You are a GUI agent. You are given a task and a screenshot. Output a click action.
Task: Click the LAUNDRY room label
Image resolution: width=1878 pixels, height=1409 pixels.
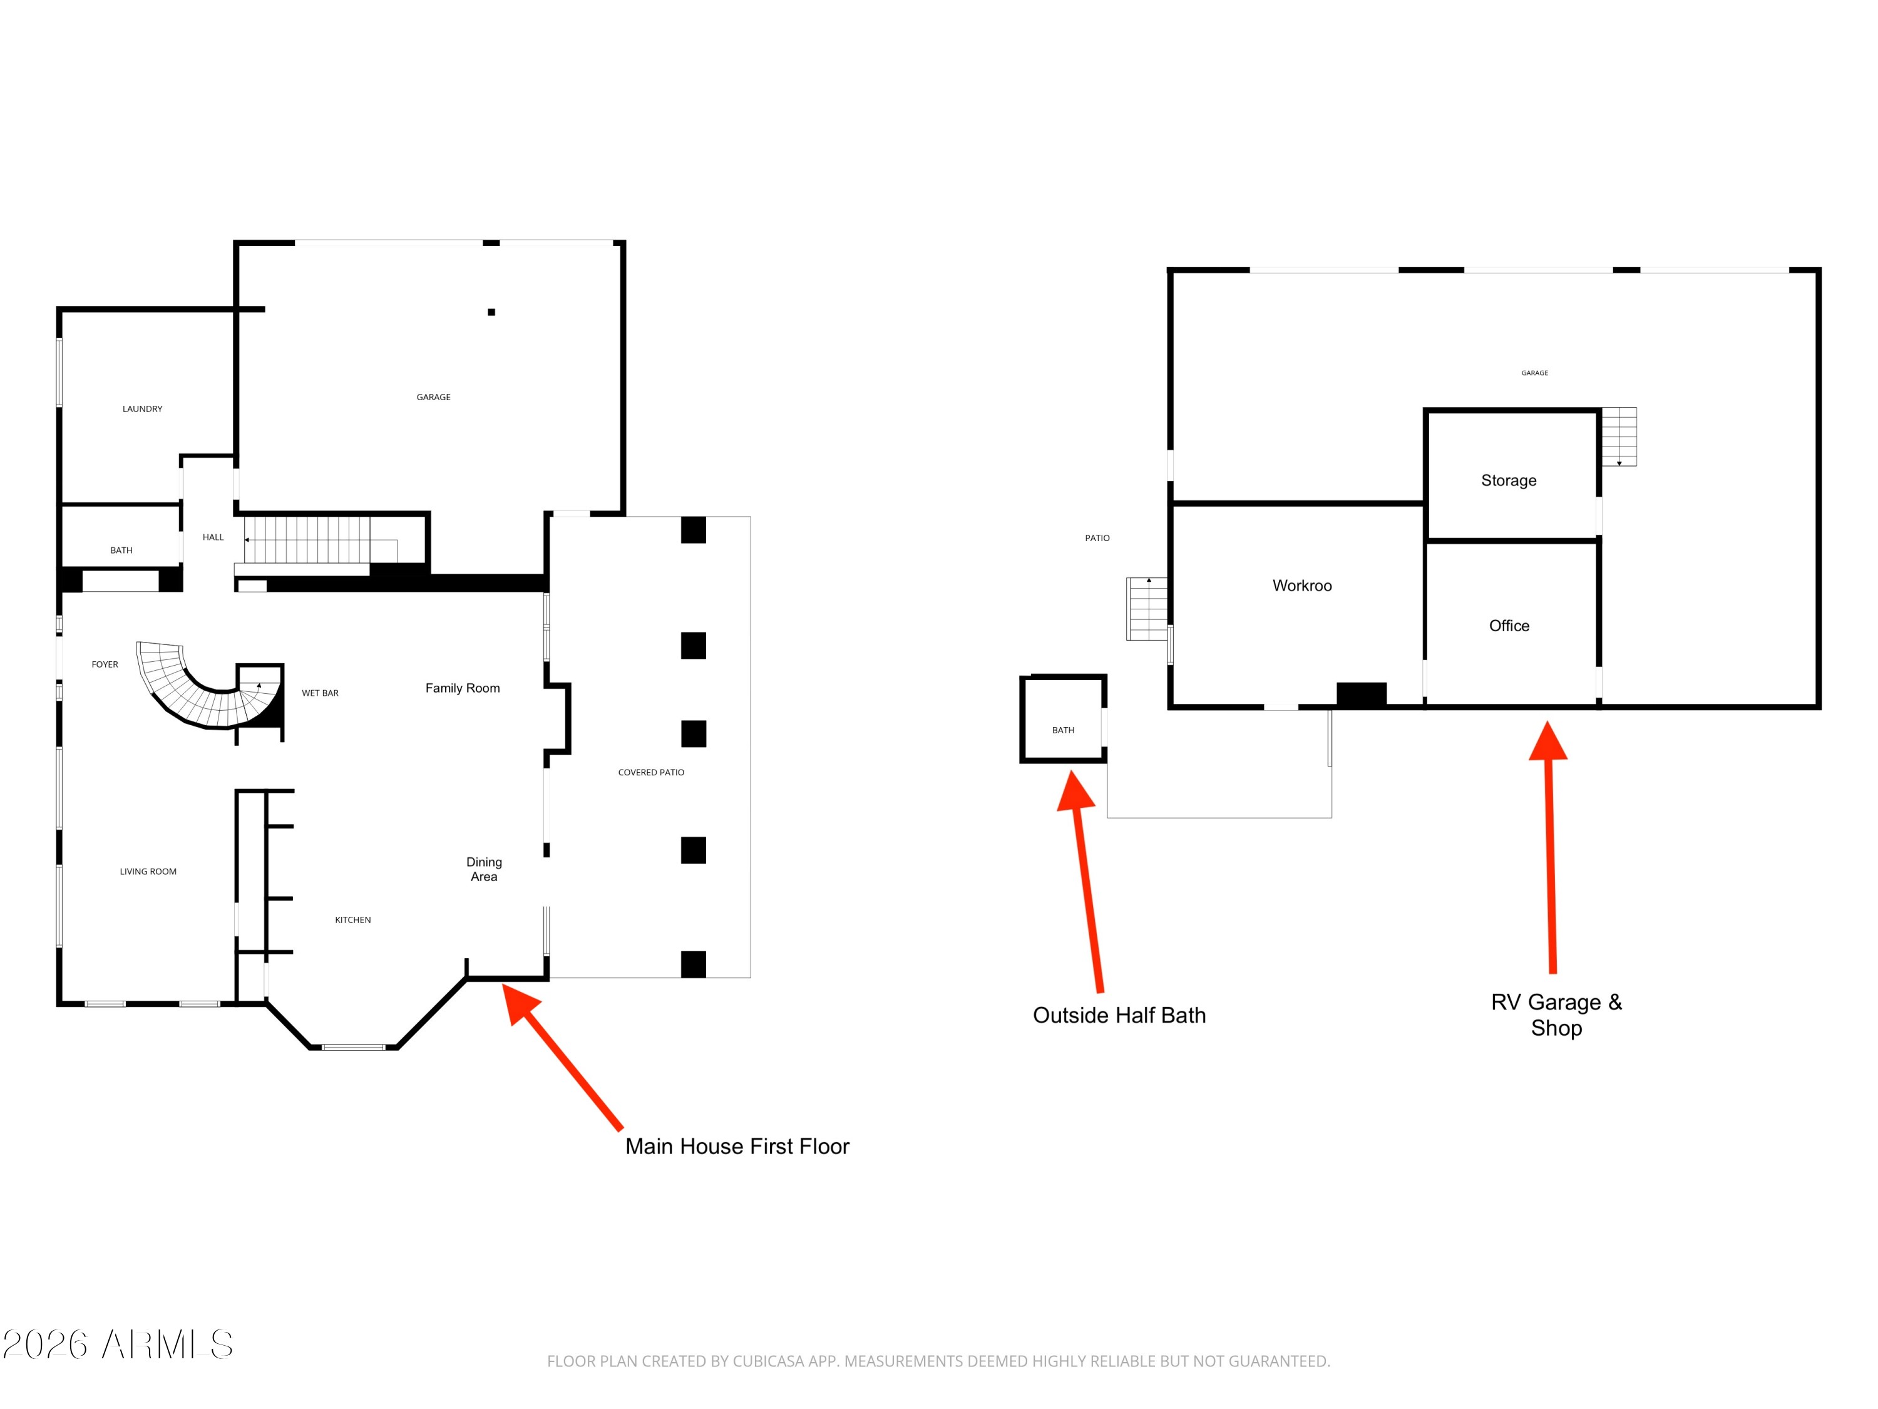pos(143,408)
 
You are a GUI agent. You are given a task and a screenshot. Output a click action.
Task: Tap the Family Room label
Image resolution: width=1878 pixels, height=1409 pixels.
pos(463,688)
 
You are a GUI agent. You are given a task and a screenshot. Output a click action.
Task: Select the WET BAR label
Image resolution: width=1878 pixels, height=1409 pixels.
pos(320,693)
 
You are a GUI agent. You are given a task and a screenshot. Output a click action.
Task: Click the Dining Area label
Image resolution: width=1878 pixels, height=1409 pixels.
pos(484,869)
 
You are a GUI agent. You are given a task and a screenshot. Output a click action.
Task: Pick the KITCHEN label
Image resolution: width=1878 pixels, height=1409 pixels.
pos(353,920)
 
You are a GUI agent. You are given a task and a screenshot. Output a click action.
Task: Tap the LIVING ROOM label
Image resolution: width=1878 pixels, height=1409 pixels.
pos(148,872)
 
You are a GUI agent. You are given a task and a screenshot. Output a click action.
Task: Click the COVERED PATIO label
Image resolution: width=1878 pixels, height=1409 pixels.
pos(651,772)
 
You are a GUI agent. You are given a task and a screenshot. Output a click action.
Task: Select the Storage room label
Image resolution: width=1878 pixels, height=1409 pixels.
pos(1509,481)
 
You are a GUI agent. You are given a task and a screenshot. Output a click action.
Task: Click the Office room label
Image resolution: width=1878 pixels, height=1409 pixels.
pos(1509,626)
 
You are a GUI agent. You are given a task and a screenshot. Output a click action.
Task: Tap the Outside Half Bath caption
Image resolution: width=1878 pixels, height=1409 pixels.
pos(1119,1015)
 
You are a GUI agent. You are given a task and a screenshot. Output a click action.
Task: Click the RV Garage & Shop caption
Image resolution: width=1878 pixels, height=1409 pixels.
pos(1556,1015)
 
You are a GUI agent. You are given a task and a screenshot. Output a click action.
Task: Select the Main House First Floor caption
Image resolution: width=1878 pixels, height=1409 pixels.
pos(737,1147)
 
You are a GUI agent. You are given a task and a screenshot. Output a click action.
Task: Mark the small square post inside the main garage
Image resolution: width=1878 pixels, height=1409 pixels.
pos(491,312)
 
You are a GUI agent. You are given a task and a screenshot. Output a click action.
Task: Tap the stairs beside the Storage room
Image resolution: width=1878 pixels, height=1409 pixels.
pos(1619,436)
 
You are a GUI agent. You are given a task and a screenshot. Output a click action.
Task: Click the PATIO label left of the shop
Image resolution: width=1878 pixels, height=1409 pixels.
pos(1097,537)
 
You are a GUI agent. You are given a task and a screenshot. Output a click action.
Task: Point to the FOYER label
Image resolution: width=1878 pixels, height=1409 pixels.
pos(105,664)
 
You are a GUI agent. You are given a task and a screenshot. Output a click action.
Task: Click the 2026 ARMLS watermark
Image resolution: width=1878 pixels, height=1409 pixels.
pos(118,1344)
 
